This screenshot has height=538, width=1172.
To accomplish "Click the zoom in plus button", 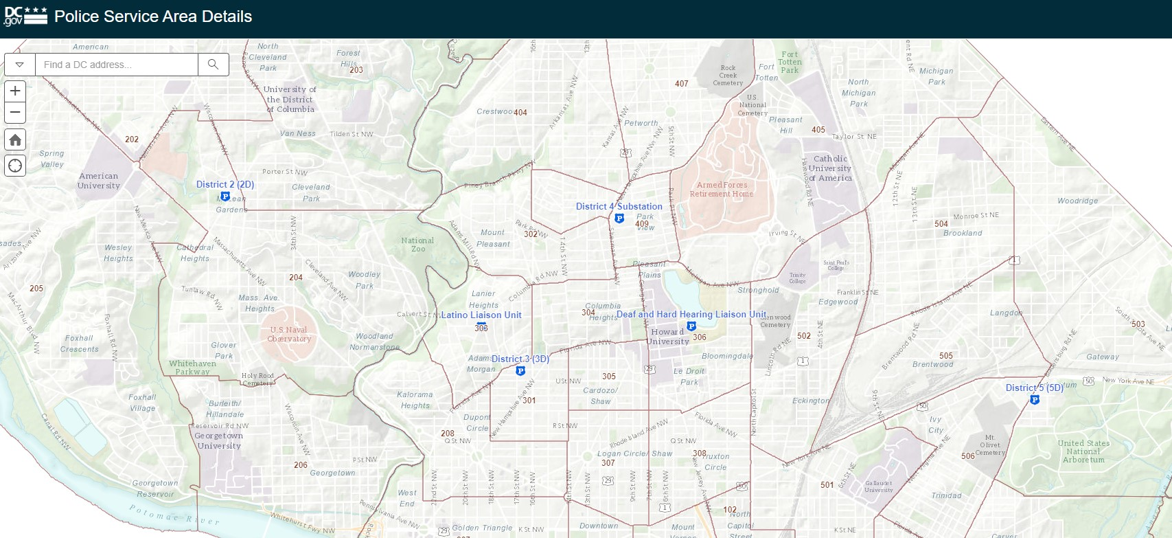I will tap(15, 91).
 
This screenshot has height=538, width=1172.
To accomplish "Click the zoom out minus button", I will tap(15, 113).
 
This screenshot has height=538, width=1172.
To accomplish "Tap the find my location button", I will tap(15, 166).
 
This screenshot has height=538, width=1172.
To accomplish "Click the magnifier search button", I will tap(214, 65).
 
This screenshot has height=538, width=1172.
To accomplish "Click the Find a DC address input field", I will tap(116, 65).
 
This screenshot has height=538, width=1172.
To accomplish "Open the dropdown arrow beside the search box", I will tap(20, 65).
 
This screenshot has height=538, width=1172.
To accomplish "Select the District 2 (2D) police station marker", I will tap(225, 197).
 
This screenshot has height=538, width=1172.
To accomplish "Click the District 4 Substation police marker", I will tap(619, 218).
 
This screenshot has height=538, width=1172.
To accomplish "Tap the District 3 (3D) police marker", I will tap(520, 371).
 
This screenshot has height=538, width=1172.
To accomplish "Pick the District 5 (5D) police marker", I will tap(1035, 399).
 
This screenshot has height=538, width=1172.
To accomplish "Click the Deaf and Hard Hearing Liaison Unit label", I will tap(691, 315).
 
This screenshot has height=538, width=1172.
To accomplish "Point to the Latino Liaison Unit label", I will tap(481, 315).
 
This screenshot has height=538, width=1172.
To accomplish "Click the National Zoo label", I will tap(417, 245).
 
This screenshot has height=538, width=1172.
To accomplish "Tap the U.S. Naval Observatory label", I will tap(289, 334).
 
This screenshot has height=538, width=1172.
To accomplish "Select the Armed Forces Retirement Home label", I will tap(722, 189).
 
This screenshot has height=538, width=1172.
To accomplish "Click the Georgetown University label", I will tap(219, 440).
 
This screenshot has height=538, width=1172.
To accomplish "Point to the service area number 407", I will tap(681, 84).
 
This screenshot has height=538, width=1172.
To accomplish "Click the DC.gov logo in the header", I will tap(25, 16).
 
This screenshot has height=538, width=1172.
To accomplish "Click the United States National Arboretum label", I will tap(1083, 451).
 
